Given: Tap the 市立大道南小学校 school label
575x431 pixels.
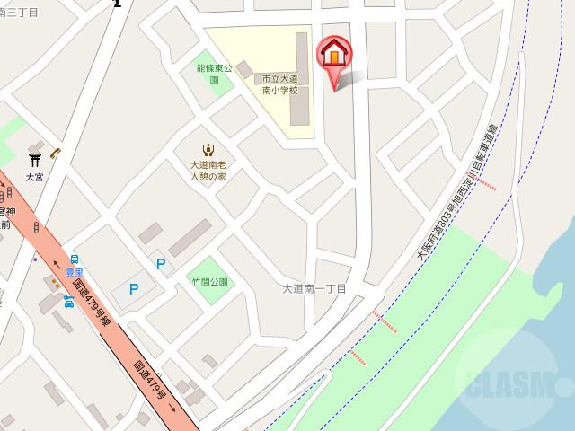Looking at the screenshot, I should tap(279, 84).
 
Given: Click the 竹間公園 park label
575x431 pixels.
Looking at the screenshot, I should tap(210, 282).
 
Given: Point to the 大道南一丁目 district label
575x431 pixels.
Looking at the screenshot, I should tap(314, 288).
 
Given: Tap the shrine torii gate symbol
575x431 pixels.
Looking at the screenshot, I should tap(35, 160).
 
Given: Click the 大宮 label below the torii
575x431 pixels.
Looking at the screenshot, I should tap(34, 178).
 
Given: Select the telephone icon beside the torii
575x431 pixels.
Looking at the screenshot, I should tap(56, 153).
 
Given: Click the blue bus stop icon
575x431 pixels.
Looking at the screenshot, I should tap(74, 259).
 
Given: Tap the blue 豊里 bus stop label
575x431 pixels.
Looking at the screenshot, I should tap(74, 272).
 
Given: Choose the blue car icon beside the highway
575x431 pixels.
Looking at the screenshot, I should tap(68, 302).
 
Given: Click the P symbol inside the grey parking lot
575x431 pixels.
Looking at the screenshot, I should tap(134, 289).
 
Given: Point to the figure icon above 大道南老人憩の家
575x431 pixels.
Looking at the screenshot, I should tap(208, 149).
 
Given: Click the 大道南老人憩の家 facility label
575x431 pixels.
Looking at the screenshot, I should tap(208, 171).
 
